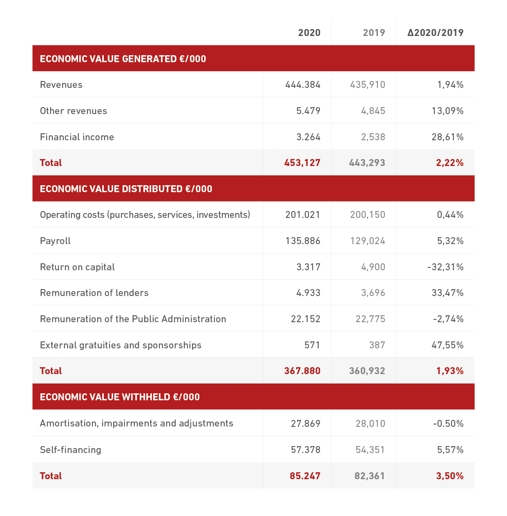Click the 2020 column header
[x=309, y=33]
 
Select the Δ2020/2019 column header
[x=435, y=33]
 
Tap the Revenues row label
[x=61, y=85]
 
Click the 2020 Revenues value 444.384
[x=303, y=85]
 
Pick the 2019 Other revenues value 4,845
[x=373, y=111]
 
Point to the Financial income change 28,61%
[x=447, y=137]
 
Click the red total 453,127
[x=302, y=163]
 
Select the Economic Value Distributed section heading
[x=126, y=189]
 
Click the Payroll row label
[x=55, y=241]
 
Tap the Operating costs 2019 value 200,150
[x=368, y=215]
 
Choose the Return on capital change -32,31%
[x=445, y=267]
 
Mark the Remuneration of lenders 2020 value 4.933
[x=308, y=293]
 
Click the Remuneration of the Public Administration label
[x=133, y=319]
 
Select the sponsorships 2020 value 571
[x=312, y=345]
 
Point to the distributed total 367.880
[x=302, y=371]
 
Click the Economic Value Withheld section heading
[x=120, y=397]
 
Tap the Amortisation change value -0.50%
[x=448, y=424]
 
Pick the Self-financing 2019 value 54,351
[x=370, y=450]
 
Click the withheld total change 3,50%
[x=450, y=476]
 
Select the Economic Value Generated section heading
[x=123, y=59]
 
